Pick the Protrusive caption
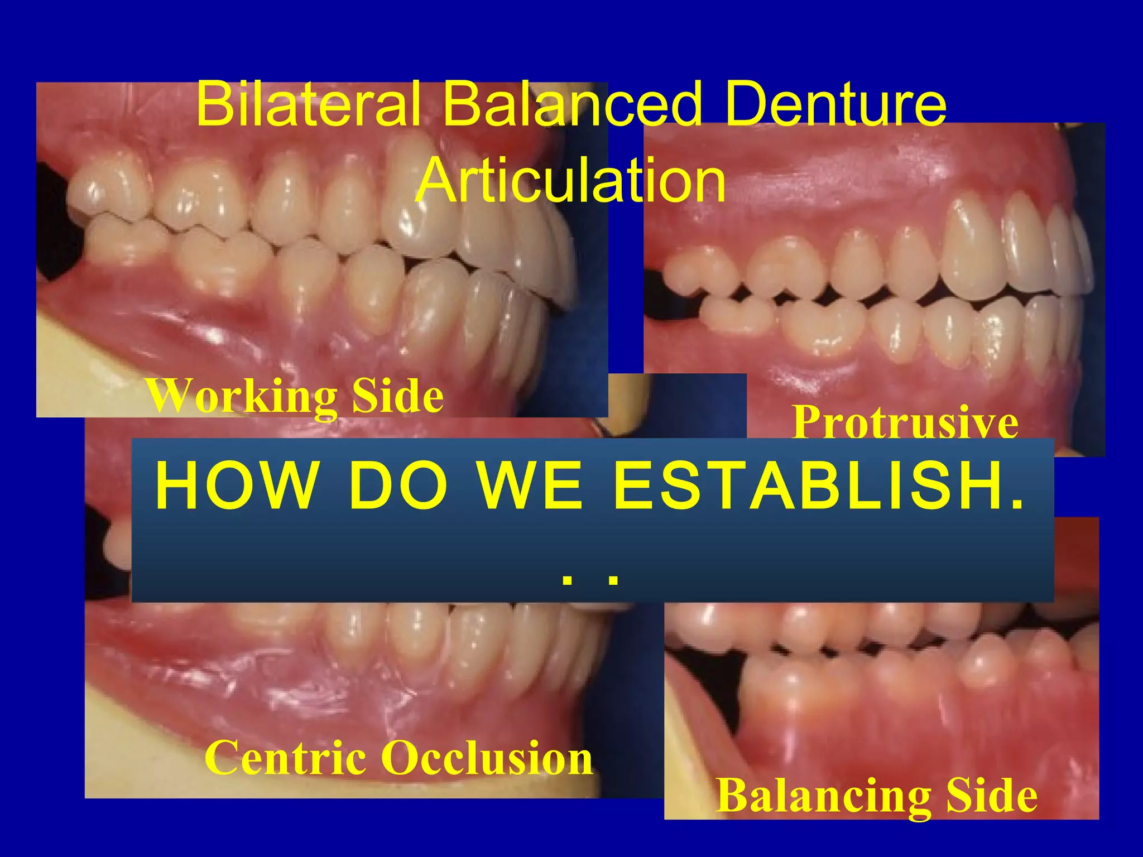[x=905, y=422]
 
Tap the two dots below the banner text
[x=590, y=579]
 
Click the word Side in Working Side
[x=397, y=396]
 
